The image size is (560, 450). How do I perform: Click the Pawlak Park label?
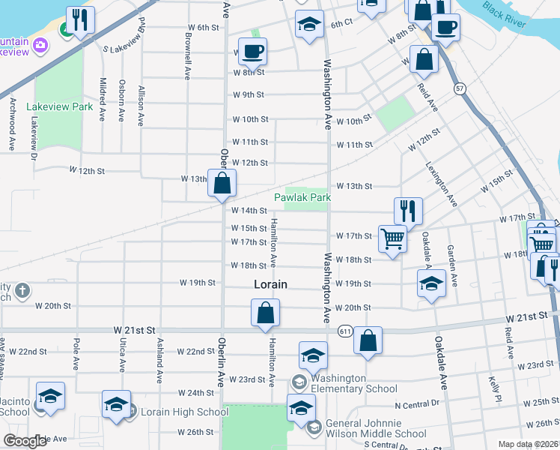302,197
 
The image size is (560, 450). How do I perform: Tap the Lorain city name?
270,284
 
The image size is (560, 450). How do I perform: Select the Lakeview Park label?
60,107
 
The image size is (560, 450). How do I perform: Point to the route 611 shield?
345,330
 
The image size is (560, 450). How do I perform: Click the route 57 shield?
459,88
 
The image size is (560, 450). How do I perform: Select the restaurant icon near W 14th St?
408,211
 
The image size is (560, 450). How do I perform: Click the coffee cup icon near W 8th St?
252,51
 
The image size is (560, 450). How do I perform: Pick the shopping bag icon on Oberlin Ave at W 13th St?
222,183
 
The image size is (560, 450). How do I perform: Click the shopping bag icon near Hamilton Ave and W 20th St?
265,313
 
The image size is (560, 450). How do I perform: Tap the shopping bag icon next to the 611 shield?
368,340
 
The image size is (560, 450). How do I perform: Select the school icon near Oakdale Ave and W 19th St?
431,283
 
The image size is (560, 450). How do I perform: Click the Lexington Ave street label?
441,184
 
